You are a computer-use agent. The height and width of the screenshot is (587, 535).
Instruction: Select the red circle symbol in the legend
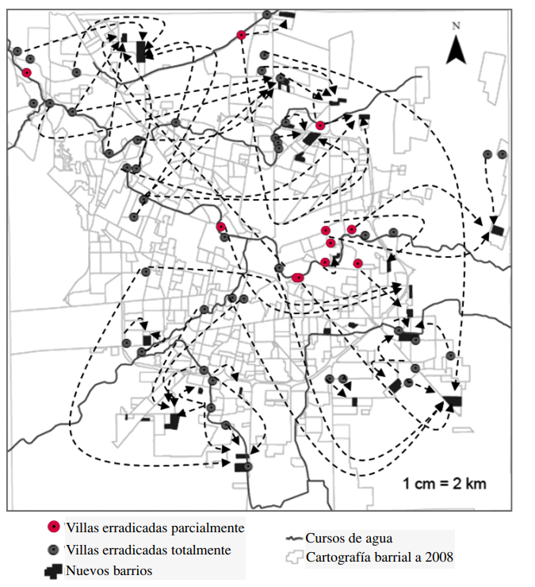tap(53, 527)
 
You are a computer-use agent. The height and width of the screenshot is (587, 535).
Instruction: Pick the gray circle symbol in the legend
tap(53, 549)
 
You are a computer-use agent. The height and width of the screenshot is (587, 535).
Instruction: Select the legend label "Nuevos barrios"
tap(109, 570)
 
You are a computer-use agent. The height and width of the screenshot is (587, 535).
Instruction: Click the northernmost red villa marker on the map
tap(241, 35)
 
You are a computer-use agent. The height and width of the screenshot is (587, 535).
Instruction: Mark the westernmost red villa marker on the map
tap(27, 72)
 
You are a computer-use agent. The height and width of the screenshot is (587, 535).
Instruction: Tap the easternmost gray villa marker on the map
tap(502, 154)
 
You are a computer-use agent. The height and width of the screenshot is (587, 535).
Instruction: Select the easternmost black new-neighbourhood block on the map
tap(497, 230)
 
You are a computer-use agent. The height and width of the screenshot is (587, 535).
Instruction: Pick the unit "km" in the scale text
tap(474, 483)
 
